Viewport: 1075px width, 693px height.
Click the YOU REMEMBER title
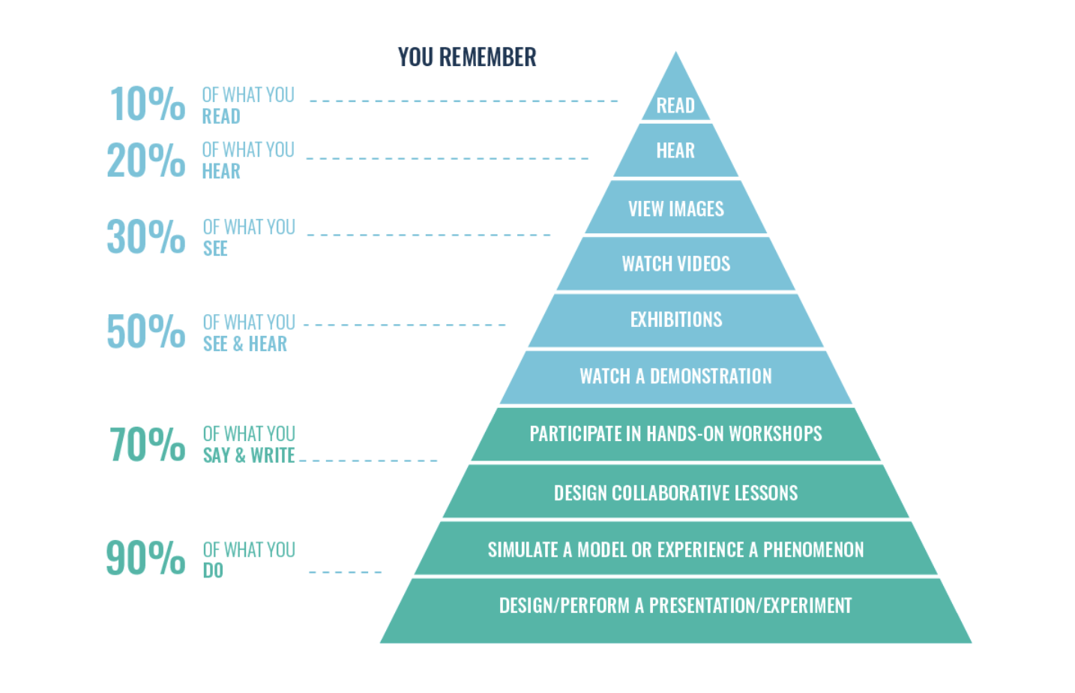pyautogui.click(x=467, y=57)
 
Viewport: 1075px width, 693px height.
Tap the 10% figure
pyautogui.click(x=148, y=103)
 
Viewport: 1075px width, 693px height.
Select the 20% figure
pyautogui.click(x=146, y=160)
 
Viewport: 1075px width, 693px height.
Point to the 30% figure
pyautogui.click(x=146, y=235)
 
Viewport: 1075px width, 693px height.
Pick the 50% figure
pyautogui.click(x=146, y=331)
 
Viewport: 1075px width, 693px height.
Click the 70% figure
pyautogui.click(x=148, y=444)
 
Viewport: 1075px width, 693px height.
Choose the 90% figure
pyautogui.click(x=145, y=557)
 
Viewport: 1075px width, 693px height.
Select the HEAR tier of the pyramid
pyautogui.click(x=675, y=150)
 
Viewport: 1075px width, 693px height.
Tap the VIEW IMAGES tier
pyautogui.click(x=675, y=207)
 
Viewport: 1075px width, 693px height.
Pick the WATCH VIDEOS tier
pyautogui.click(x=675, y=264)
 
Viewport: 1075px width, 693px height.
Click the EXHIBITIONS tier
pyautogui.click(x=675, y=320)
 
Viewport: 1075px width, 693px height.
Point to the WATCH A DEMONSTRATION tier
pyautogui.click(x=675, y=377)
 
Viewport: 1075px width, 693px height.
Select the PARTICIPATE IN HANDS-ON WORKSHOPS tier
pyautogui.click(x=675, y=434)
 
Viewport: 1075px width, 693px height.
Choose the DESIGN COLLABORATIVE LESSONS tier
pyautogui.click(x=675, y=490)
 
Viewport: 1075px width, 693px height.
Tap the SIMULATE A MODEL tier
pyautogui.click(x=675, y=548)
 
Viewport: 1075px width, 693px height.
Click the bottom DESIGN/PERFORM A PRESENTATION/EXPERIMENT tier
pyautogui.click(x=675, y=610)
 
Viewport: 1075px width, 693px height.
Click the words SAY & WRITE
pyautogui.click(x=249, y=455)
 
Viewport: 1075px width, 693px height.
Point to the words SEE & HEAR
pyautogui.click(x=244, y=343)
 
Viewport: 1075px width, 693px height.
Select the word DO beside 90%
pyautogui.click(x=213, y=571)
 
